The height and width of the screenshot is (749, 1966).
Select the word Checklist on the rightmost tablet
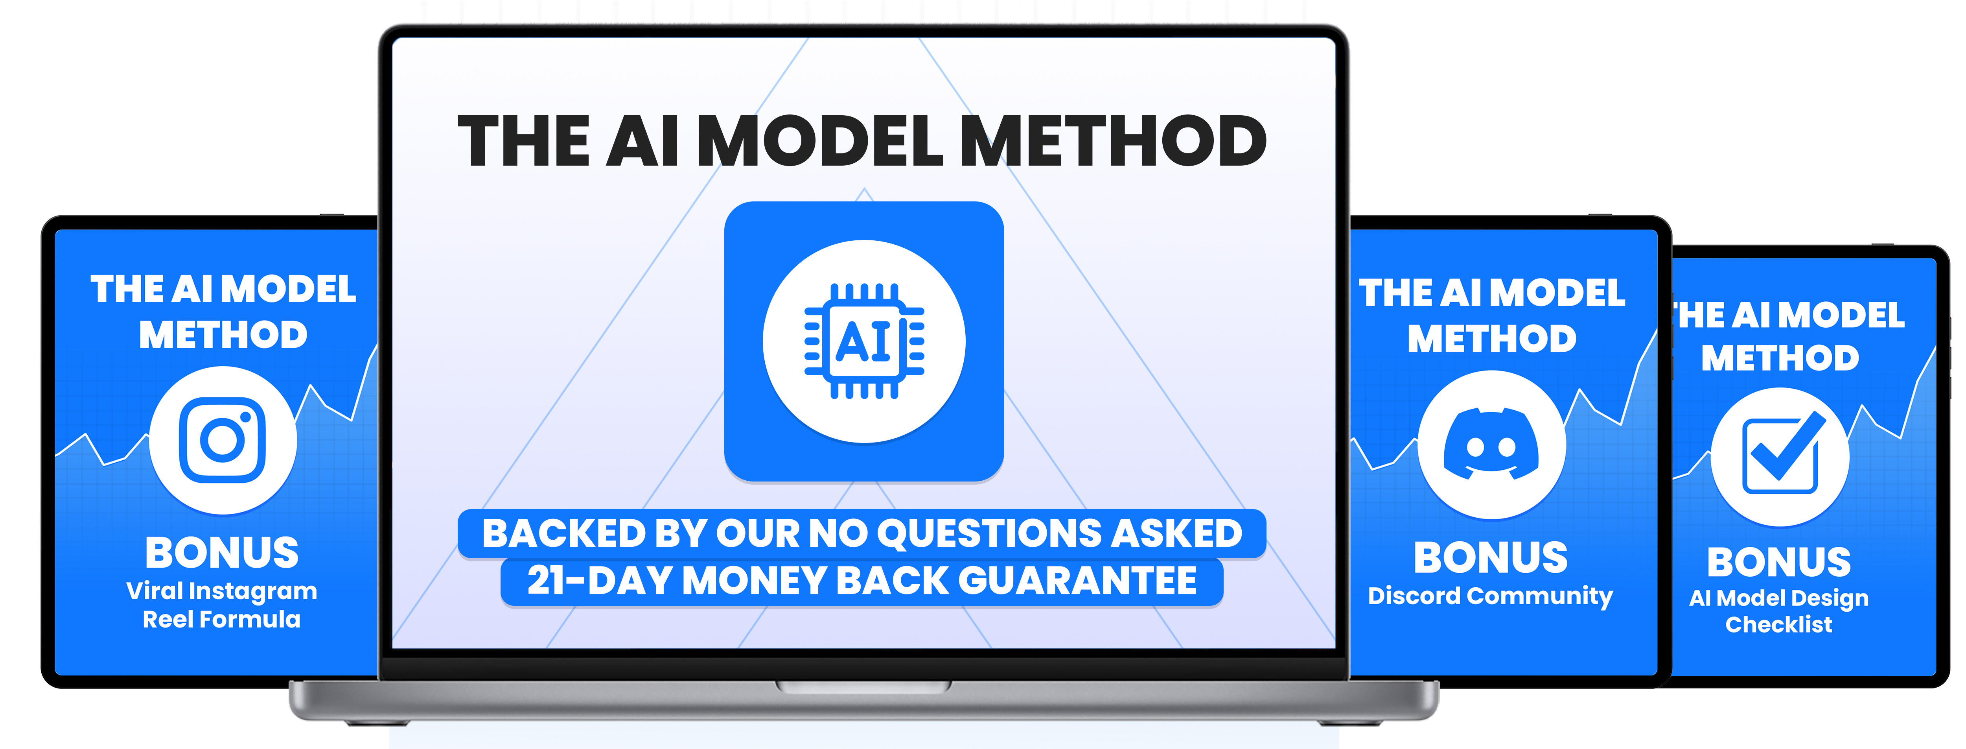click(1779, 625)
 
